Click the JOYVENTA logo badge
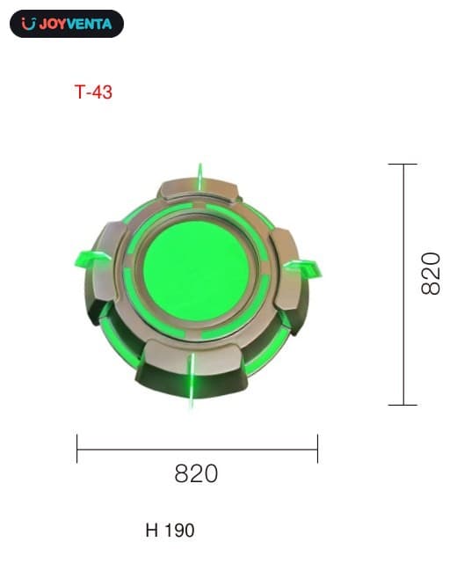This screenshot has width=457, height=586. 67,24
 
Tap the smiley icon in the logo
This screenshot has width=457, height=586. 28,24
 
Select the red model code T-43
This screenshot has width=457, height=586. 93,92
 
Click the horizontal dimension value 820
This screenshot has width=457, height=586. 196,473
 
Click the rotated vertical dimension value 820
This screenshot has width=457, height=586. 431,274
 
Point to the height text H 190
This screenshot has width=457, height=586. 170,531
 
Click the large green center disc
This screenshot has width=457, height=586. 196,271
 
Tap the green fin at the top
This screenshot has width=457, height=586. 200,177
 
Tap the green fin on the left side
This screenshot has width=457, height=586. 91,258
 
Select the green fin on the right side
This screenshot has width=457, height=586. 303,268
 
